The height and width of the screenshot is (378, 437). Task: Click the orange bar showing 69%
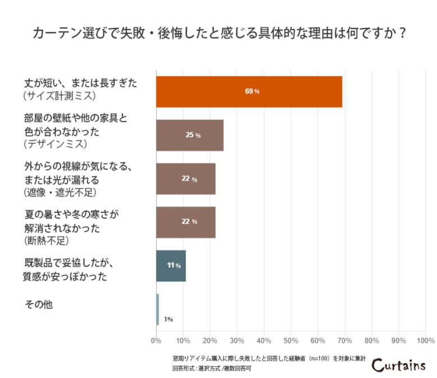[x=249, y=91]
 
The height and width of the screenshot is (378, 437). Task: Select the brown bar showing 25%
[x=189, y=135]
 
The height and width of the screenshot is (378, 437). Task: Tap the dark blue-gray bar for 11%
[x=170, y=266]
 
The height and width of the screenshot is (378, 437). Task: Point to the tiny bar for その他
[x=157, y=309]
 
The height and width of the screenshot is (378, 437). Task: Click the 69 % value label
[x=252, y=91]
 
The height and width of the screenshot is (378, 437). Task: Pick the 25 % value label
[x=193, y=135]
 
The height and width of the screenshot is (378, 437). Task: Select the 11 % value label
[x=174, y=266]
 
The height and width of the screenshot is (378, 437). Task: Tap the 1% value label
[x=168, y=319]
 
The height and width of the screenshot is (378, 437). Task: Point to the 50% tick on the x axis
[x=291, y=341]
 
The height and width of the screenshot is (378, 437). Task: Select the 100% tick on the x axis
[x=426, y=341]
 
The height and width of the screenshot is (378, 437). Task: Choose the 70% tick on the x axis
[x=345, y=341]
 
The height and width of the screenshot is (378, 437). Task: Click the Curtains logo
[x=398, y=365]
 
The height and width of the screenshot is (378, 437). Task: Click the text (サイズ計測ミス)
[x=60, y=96]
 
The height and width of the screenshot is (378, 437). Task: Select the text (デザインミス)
[x=55, y=144]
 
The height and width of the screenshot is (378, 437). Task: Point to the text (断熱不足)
[x=48, y=241]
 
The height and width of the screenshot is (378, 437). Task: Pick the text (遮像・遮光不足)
[x=60, y=193]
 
